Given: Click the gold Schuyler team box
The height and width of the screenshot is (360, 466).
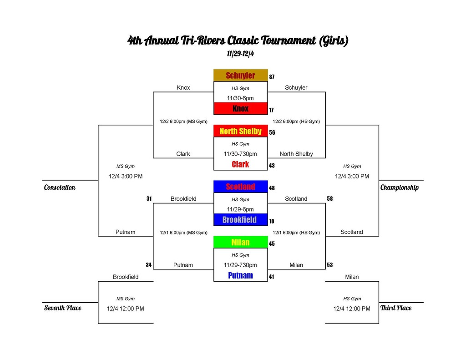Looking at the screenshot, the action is [x=240, y=76].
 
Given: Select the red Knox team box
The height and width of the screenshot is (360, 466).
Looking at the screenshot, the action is [x=240, y=108].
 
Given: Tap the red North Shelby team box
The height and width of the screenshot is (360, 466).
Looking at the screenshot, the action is [x=240, y=131].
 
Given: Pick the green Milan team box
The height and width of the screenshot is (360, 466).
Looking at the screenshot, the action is [x=240, y=242].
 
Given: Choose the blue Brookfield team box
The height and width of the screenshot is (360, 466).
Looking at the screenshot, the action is [x=240, y=220].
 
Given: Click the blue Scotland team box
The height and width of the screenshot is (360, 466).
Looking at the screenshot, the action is [x=240, y=187].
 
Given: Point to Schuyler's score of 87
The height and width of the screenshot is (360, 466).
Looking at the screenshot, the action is [x=272, y=77].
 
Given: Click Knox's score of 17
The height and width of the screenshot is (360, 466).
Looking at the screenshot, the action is [x=271, y=110].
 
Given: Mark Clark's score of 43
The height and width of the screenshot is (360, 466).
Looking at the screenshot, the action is [x=272, y=166].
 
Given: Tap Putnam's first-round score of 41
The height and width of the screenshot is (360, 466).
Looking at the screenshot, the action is [x=271, y=277].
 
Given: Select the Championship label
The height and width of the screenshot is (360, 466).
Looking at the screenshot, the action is [x=400, y=188].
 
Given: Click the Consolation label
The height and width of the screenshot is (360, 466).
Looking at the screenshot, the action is [x=60, y=188].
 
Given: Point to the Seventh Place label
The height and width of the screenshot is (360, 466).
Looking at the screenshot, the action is [x=63, y=308].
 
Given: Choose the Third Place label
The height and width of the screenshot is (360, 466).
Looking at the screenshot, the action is [x=396, y=308].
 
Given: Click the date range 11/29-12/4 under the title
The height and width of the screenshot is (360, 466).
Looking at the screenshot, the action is [x=240, y=54].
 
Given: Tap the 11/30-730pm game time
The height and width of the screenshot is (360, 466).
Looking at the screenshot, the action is [x=240, y=154].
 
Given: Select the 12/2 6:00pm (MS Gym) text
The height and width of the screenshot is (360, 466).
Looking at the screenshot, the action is [x=183, y=121].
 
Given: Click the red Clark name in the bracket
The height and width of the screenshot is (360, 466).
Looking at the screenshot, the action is [x=240, y=164].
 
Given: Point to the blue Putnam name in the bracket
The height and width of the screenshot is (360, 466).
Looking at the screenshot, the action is [x=240, y=275].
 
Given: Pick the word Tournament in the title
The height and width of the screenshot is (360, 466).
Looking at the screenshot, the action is [x=288, y=41].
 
